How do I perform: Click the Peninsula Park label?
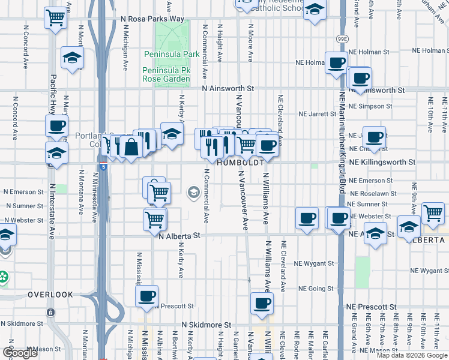tap(172, 54)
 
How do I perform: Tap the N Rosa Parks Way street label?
tap(152, 19)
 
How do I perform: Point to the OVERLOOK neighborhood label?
tap(50, 295)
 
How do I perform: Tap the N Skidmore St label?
tap(202, 325)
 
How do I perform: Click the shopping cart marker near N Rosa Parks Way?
tap(55, 17)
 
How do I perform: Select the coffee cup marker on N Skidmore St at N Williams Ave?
tap(261, 303)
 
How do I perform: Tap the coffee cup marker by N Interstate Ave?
tap(56, 126)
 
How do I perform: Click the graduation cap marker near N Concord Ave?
tap(72, 58)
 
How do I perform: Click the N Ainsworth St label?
tap(228, 88)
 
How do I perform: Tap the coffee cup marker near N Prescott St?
tap(146, 296)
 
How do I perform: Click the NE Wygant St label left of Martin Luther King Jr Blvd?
tap(313, 263)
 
